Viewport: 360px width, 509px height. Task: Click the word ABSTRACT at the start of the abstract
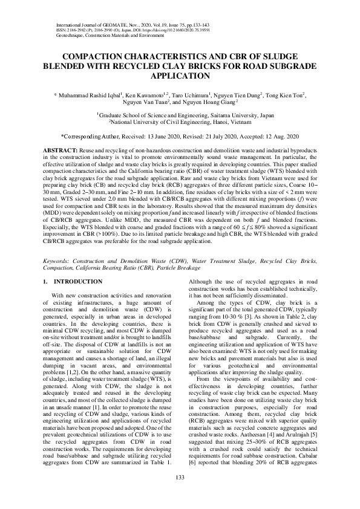tap(59, 149)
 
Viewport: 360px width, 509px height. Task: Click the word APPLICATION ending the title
tap(180, 77)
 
